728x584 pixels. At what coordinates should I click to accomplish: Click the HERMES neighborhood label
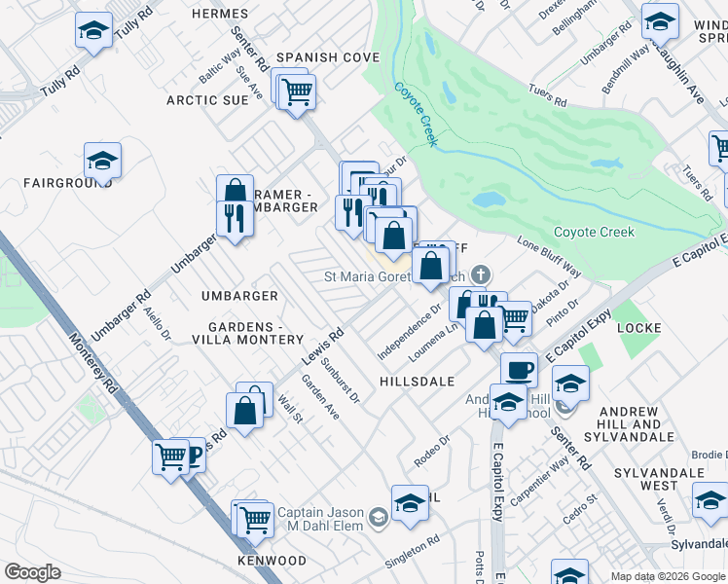coord(221,14)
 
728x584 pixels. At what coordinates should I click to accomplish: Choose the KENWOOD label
coord(272,562)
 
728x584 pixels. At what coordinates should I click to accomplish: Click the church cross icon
coord(479,276)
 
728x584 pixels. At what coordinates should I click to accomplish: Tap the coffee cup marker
coord(519,370)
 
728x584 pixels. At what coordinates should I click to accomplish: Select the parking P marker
coord(192,455)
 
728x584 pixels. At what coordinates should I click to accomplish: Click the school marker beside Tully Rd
coord(93,30)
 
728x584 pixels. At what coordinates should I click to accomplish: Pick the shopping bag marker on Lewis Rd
coord(247,407)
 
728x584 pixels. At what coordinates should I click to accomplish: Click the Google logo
coord(32,571)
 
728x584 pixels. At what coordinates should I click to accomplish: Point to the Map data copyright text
coord(668,576)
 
